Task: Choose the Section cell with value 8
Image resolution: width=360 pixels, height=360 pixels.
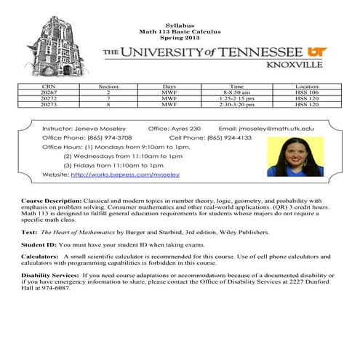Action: click(108, 104)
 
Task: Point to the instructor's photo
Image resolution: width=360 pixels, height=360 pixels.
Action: click(295, 156)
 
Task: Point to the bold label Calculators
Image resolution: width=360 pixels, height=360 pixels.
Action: click(40, 257)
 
